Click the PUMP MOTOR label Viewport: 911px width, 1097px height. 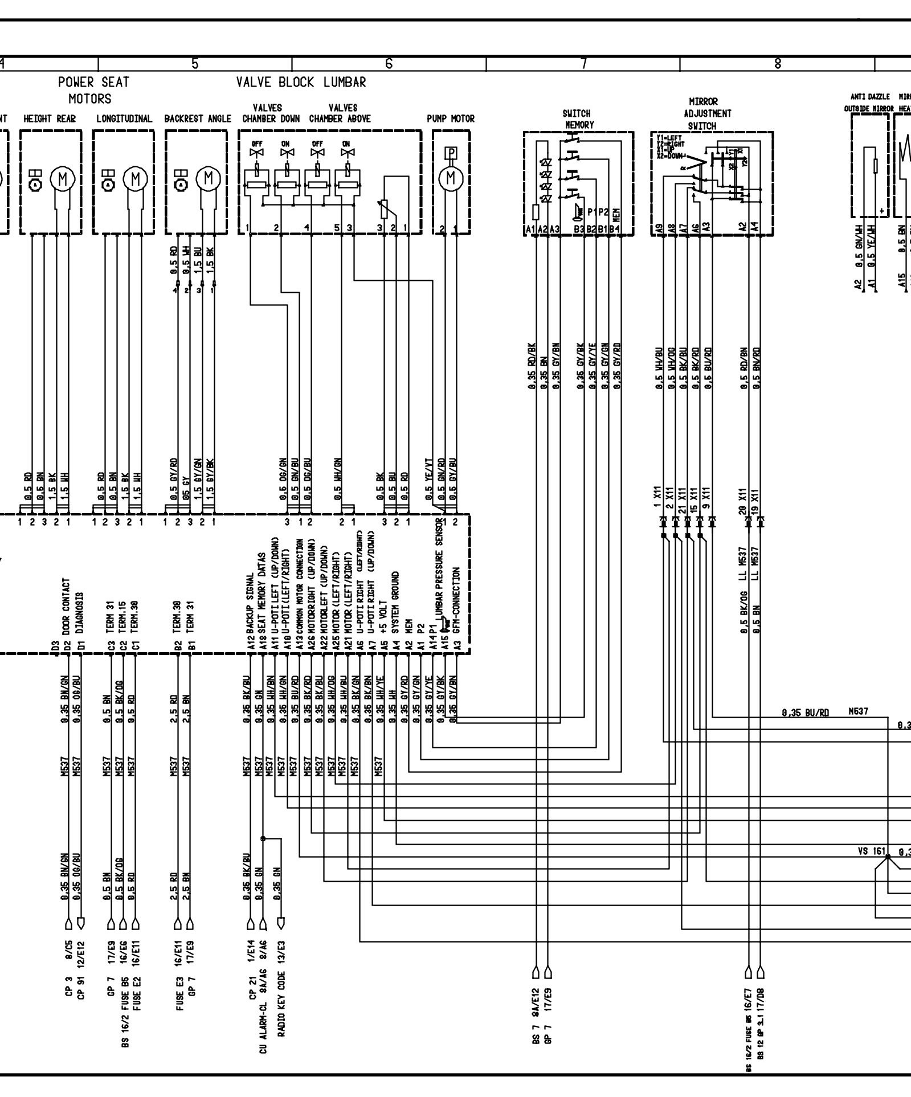tap(450, 119)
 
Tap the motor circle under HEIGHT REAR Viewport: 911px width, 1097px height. tap(63, 179)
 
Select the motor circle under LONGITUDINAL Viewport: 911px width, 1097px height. tap(135, 179)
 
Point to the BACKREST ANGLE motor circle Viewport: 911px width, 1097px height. tap(208, 179)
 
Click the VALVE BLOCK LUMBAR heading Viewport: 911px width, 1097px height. tap(301, 83)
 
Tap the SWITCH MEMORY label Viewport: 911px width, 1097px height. tap(578, 119)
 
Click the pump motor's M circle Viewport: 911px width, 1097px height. tap(451, 179)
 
